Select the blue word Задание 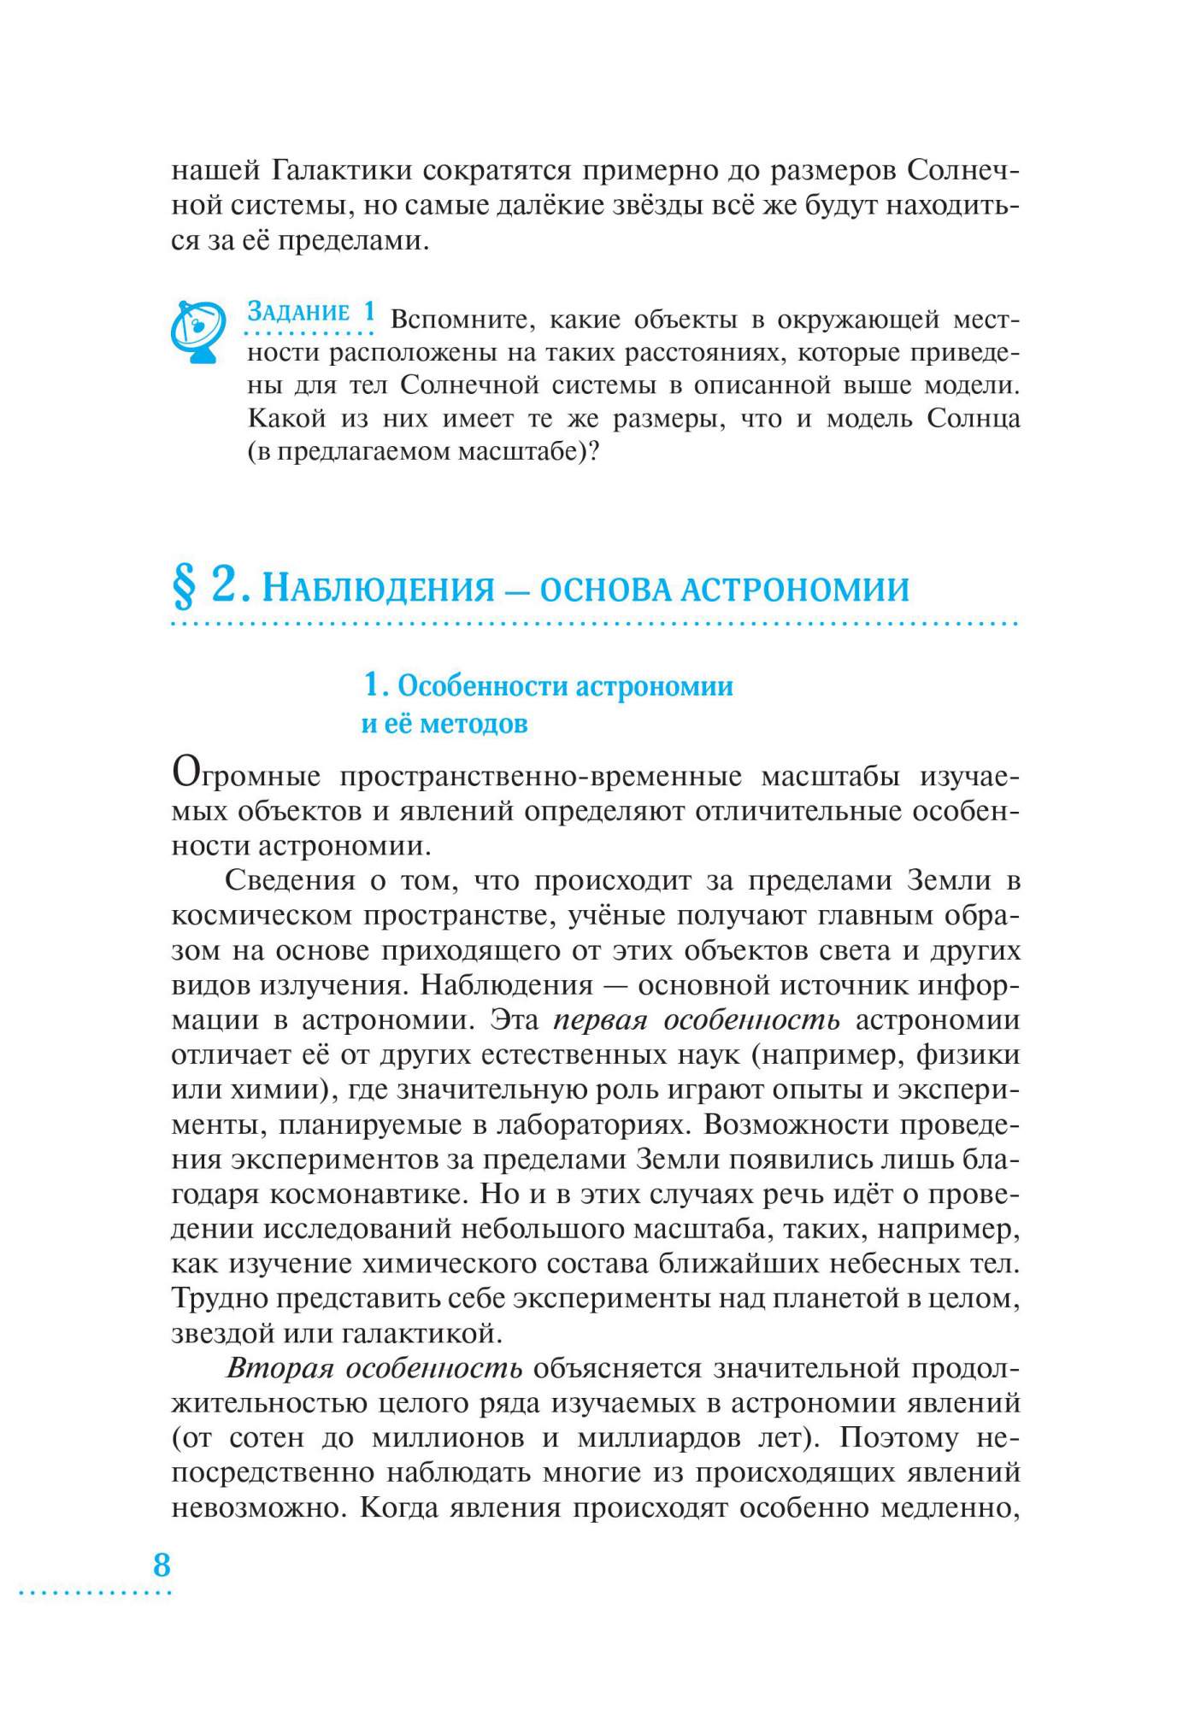click(x=298, y=312)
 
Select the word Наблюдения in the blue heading click(x=379, y=589)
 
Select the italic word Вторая click(x=279, y=1368)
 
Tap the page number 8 click(x=162, y=1565)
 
